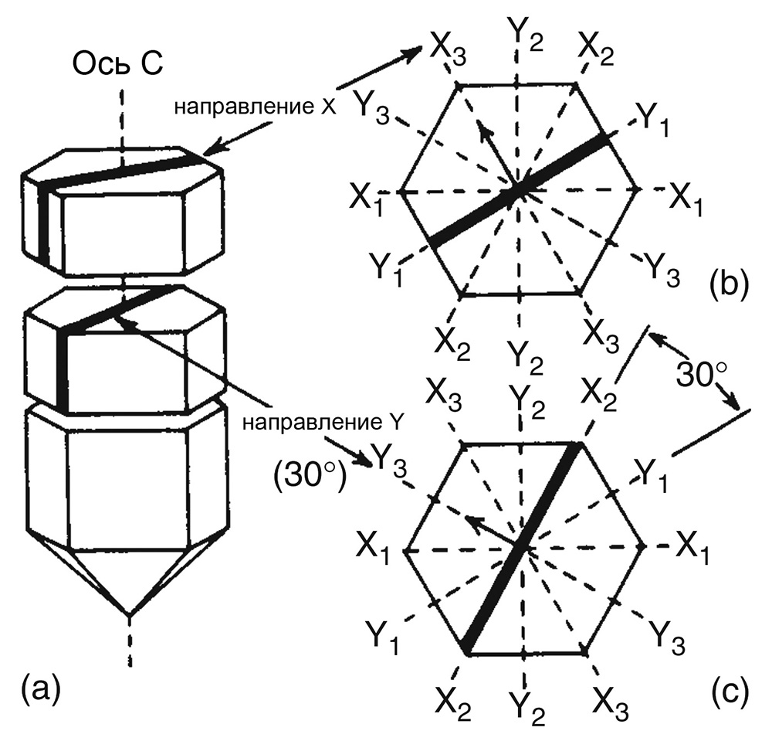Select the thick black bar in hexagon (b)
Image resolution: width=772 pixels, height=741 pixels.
pos(518,190)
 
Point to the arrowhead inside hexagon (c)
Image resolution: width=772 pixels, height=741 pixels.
pos(472,522)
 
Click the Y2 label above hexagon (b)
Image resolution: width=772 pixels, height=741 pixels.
pos(527,32)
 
